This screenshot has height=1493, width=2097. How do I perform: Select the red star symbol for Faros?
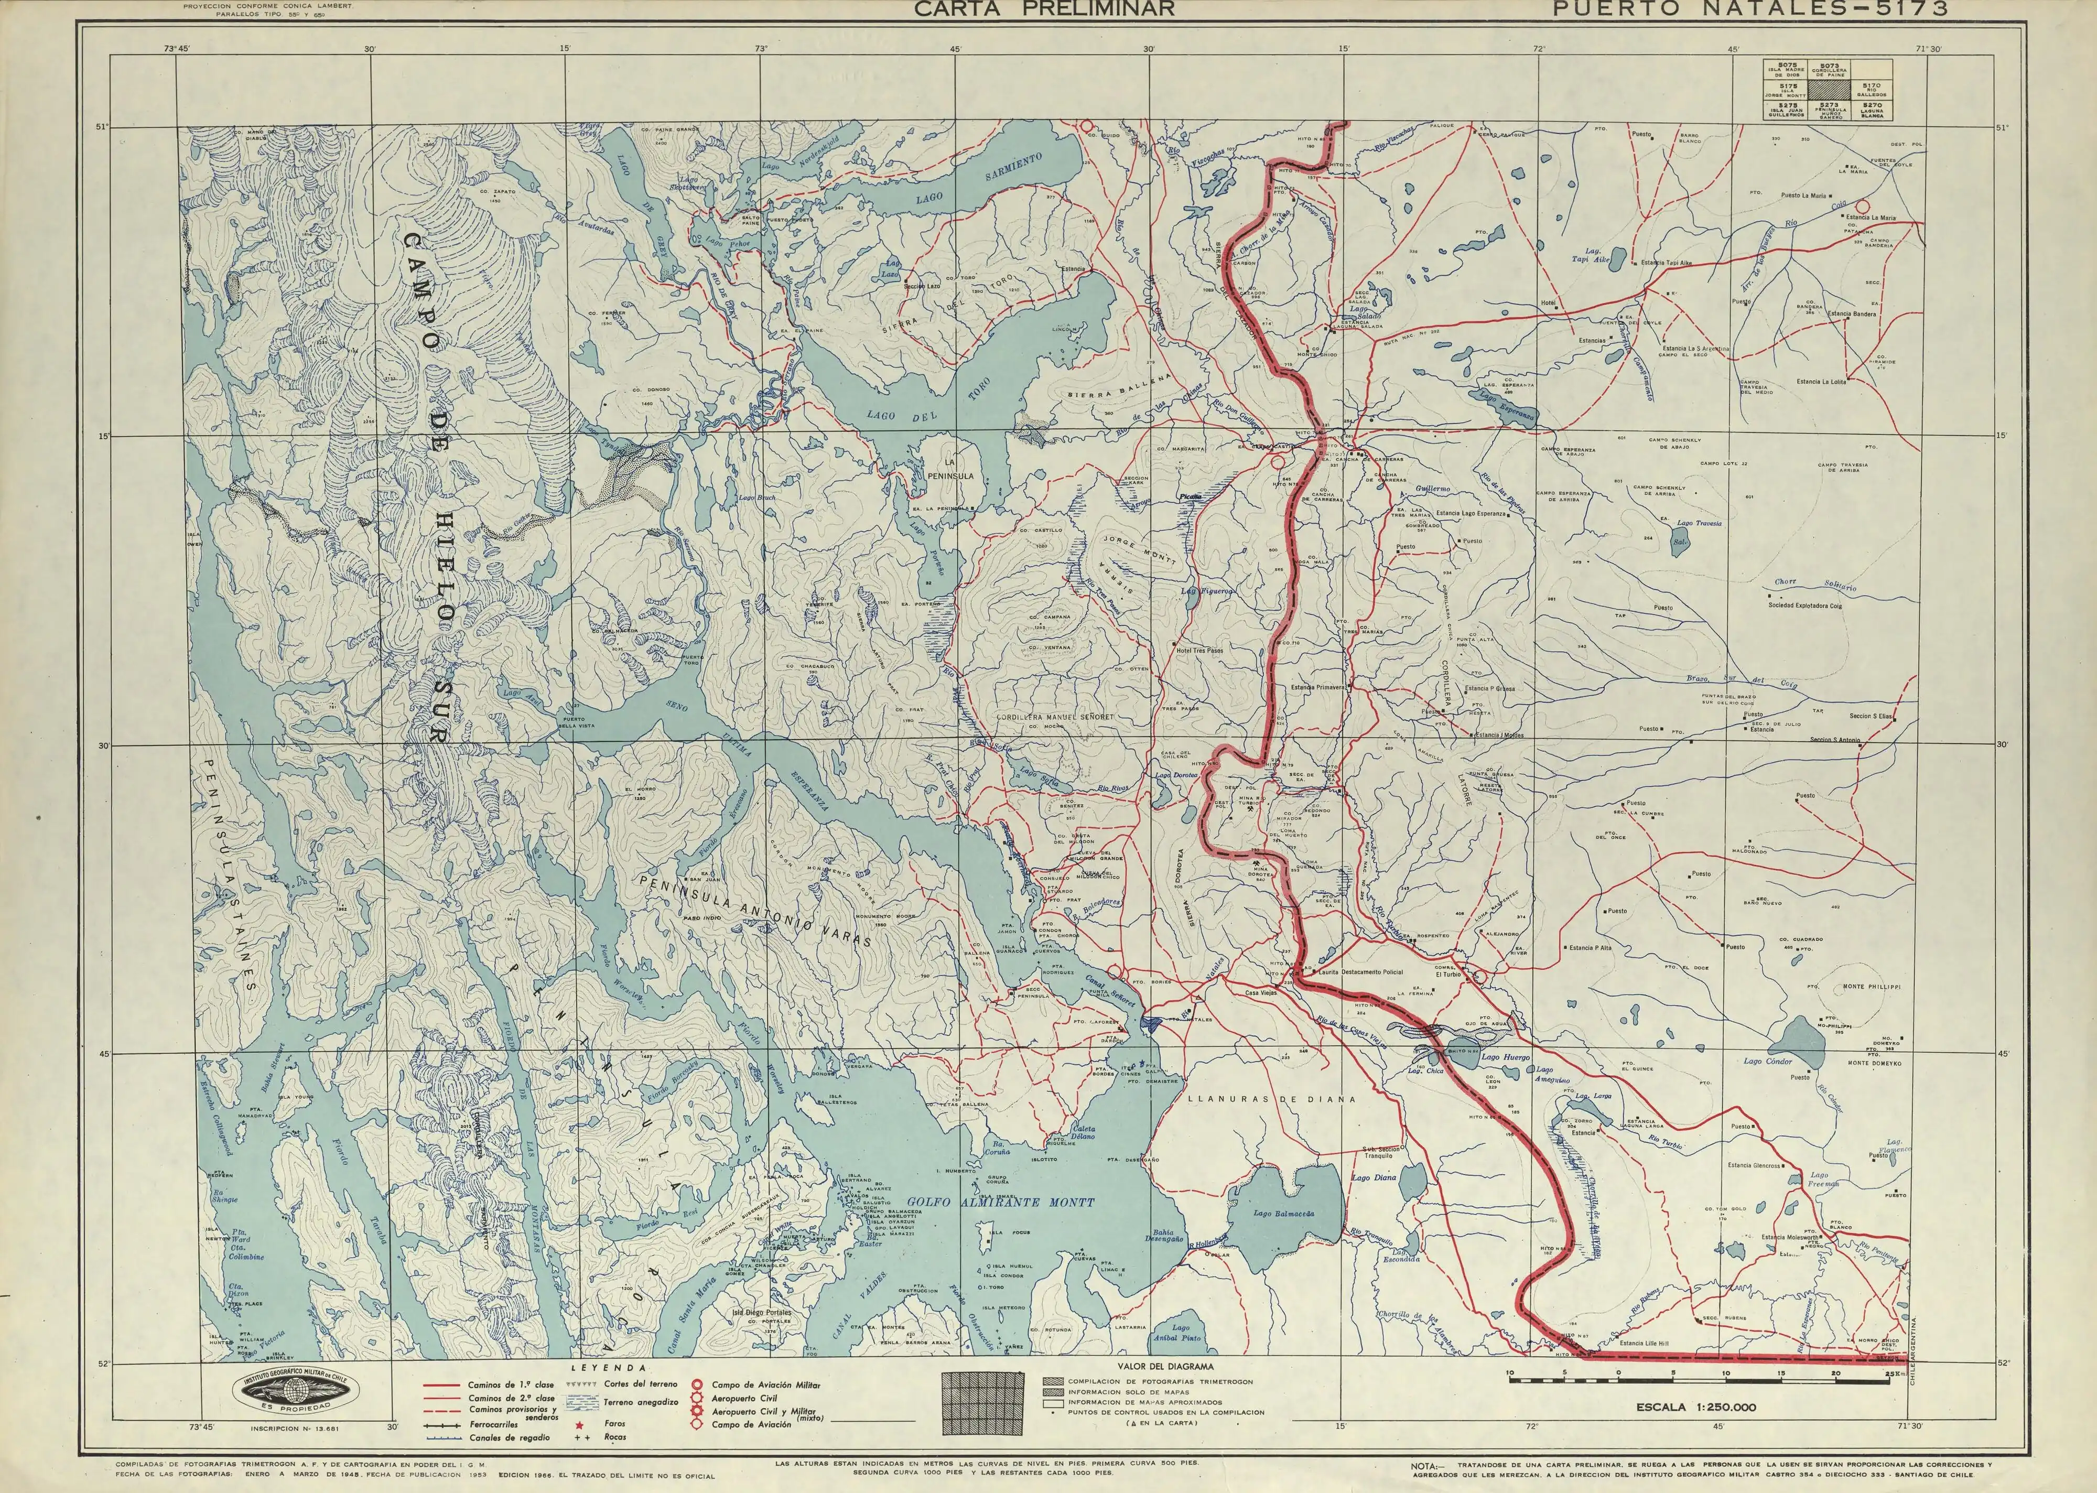click(x=580, y=1423)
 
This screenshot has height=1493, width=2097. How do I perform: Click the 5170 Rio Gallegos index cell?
click(x=1871, y=89)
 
